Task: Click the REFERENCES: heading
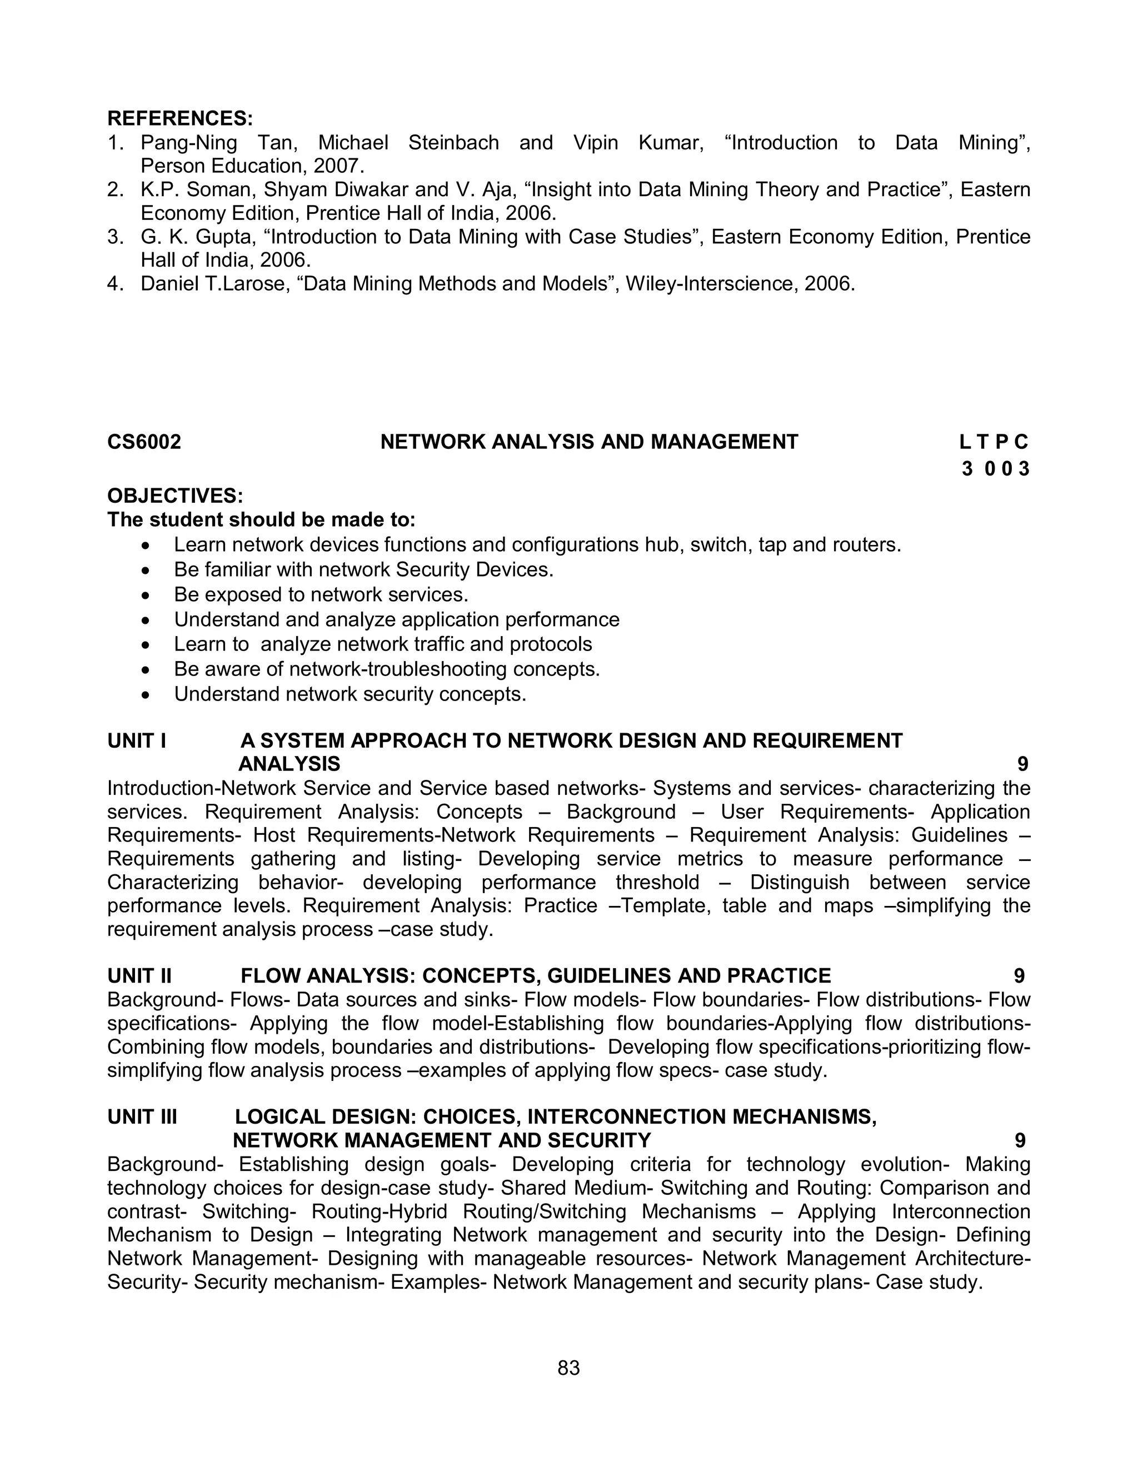pos(180,119)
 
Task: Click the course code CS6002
pos(144,442)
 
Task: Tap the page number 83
pos(569,1368)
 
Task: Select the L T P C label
pos(994,442)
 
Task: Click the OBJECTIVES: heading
pos(174,496)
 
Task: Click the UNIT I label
pos(137,740)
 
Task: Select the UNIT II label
pos(139,976)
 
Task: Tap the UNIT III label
pos(142,1117)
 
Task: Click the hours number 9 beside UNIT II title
pos(1019,976)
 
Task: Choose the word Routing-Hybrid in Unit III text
pos(379,1211)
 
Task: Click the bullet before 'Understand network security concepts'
pos(146,695)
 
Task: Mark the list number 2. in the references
pos(115,190)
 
